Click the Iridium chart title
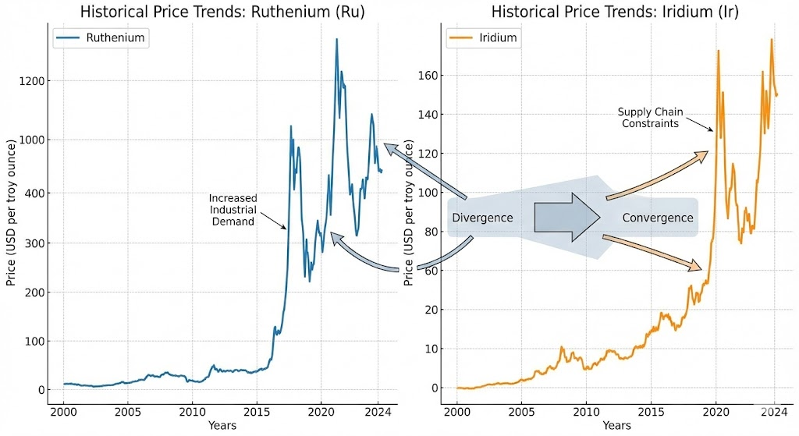click(x=616, y=12)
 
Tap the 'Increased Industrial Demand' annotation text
click(x=233, y=210)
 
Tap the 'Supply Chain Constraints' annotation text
click(x=649, y=118)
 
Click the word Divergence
click(x=482, y=218)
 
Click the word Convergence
click(x=657, y=218)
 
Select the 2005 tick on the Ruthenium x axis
click(x=128, y=412)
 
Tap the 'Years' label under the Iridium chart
click(x=616, y=426)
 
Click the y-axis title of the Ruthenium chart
click(x=12, y=213)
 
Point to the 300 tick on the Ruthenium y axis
click(x=35, y=243)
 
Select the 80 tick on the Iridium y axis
click(x=428, y=232)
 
